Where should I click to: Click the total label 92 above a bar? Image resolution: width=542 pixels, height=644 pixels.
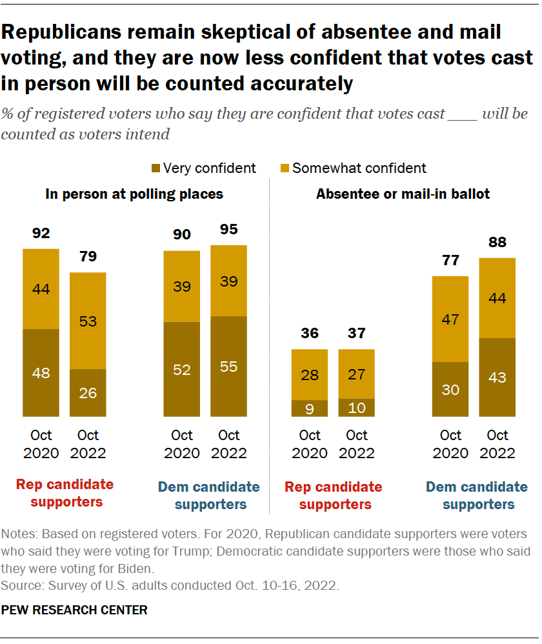pos(41,233)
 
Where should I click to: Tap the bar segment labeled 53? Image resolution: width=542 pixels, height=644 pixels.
pos(88,321)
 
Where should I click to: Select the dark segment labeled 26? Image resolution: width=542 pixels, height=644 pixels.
pos(88,392)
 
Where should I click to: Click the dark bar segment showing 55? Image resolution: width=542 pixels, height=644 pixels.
pos(228,366)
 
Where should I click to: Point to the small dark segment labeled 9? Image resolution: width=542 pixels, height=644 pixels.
pos(310,408)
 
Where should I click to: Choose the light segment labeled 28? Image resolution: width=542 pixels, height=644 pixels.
pos(310,375)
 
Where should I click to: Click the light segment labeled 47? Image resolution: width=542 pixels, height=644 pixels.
pos(450,319)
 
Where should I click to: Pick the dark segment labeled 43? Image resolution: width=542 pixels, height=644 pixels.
pos(497,377)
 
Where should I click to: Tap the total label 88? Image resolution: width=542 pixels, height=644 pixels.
pos(497,243)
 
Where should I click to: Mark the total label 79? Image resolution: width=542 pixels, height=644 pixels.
pos(88,257)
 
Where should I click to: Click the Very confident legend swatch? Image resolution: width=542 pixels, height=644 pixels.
pos(155,168)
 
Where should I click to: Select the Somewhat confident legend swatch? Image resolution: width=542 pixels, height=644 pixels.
pos(284,168)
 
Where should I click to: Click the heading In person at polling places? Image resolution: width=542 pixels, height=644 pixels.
pos(134,194)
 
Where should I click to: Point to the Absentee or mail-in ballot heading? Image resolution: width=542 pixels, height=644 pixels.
pos(403,194)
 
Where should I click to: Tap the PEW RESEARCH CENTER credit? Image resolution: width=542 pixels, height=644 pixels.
pos(74,609)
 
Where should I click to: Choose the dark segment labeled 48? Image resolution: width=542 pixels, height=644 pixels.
pos(41,372)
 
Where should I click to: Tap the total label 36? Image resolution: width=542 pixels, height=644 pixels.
pos(310,334)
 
